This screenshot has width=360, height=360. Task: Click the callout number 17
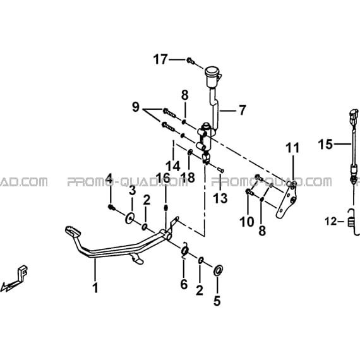pyautogui.click(x=160, y=59)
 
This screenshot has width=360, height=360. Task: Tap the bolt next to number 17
pyautogui.click(x=191, y=61)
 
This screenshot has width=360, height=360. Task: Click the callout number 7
pyautogui.click(x=242, y=110)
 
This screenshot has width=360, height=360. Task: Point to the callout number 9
pyautogui.click(x=136, y=107)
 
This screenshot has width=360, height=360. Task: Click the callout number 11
pyautogui.click(x=292, y=148)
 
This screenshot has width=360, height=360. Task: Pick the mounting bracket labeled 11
pyautogui.click(x=287, y=200)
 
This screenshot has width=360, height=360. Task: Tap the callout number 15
pyautogui.click(x=325, y=145)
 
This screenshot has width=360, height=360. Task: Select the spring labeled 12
pyautogui.click(x=352, y=222)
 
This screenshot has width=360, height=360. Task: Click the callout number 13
pyautogui.click(x=220, y=198)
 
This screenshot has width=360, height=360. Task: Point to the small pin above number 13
pyautogui.click(x=220, y=170)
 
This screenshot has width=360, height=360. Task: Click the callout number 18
pyautogui.click(x=188, y=177)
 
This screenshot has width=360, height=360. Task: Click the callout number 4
pyautogui.click(x=109, y=179)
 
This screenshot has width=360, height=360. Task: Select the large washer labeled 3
pyautogui.click(x=129, y=218)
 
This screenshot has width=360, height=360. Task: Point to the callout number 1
pyautogui.click(x=95, y=287)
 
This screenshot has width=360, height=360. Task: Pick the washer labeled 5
pyautogui.click(x=218, y=270)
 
